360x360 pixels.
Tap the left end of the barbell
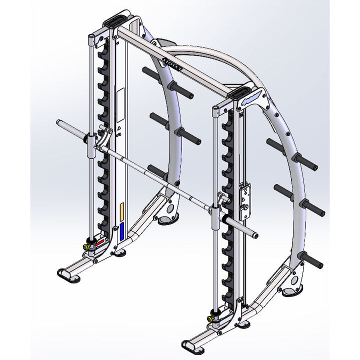[x=58, y=123]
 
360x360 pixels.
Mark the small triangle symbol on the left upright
[x=119, y=128]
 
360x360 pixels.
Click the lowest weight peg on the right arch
[x=308, y=258]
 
